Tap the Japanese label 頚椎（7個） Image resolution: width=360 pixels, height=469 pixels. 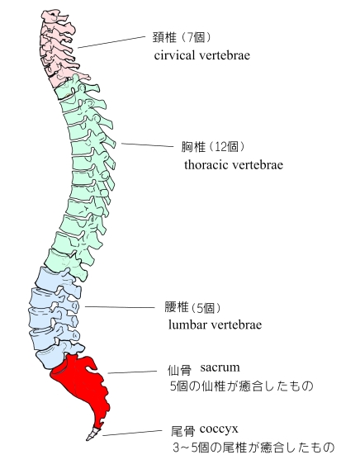point(182,37)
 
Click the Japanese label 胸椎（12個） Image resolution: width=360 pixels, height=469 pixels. point(213,147)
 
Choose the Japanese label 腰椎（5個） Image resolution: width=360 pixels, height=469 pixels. point(193,307)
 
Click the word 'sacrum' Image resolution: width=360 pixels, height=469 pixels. point(220,367)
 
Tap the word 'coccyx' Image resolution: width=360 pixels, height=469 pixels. point(219,429)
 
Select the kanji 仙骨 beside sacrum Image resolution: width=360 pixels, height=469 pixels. point(179,371)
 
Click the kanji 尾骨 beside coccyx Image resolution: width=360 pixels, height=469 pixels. point(182,432)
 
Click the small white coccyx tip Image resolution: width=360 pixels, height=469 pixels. point(92,433)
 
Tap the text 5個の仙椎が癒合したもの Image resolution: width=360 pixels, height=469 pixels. point(242,386)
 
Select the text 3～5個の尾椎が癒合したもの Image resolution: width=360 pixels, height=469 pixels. point(253,448)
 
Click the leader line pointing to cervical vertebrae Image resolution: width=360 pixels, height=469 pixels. point(111,42)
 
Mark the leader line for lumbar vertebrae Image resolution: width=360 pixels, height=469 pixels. point(120,307)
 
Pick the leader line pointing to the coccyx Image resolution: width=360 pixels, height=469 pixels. point(132,433)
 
